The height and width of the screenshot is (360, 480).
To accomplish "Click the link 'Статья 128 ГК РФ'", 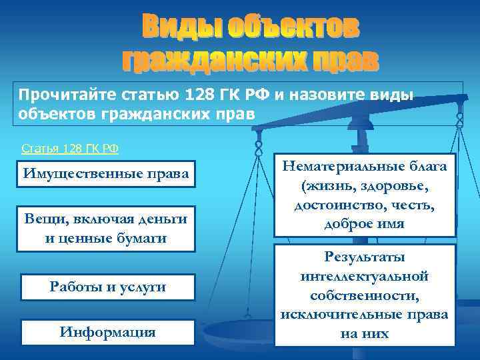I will (70, 148).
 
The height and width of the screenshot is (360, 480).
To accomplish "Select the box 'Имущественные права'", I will (107, 174).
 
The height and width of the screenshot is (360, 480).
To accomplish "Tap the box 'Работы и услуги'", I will (107, 287).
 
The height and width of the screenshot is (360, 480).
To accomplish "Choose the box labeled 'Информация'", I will (107, 331).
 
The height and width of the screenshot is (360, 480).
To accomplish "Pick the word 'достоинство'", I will (335, 205).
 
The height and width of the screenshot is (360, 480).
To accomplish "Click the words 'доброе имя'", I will (365, 224).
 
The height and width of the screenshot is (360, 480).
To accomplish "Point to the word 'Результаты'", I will (365, 257).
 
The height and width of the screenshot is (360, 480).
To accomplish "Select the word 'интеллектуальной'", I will (365, 275).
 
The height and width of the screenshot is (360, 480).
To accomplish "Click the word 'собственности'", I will (365, 294).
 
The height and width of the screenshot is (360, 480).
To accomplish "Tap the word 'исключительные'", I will (345, 313).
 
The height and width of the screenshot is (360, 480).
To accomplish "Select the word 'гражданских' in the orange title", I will (213, 61).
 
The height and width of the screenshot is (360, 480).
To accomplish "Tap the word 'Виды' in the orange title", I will (181, 27).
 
